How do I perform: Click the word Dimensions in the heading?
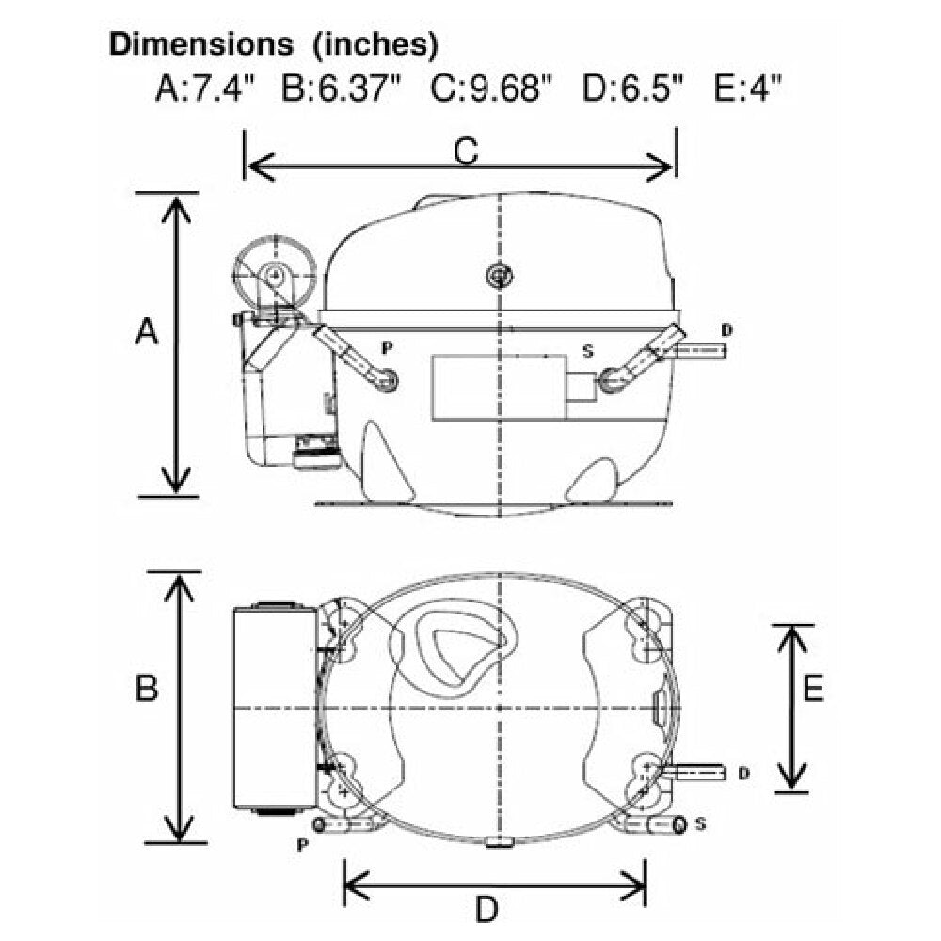tap(201, 44)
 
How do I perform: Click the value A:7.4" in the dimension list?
tap(206, 88)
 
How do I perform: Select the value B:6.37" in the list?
tap(341, 88)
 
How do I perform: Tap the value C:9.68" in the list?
tap(490, 88)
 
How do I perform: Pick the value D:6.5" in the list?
tap(632, 88)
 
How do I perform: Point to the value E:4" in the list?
tap(748, 88)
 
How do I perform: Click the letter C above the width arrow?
tap(466, 151)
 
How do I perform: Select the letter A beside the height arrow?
tap(147, 331)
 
